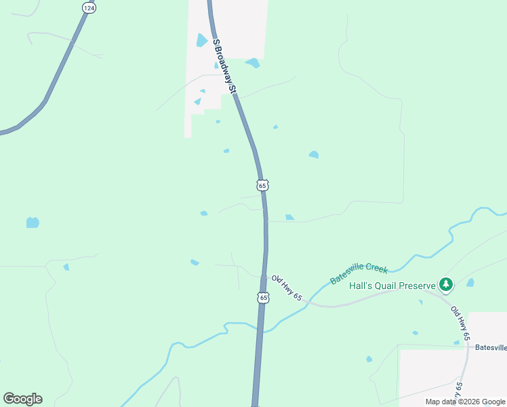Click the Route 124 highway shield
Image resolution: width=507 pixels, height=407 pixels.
(x=88, y=7)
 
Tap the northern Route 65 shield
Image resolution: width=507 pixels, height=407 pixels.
(x=263, y=185)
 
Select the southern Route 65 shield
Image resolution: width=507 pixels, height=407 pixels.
(x=263, y=298)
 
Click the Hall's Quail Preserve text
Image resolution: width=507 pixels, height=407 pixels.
(x=392, y=286)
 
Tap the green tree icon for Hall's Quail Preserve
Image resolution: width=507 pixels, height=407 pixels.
(x=445, y=284)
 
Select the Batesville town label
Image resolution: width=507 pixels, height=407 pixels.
(x=491, y=347)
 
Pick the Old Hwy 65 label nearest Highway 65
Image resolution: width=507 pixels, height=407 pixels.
(x=286, y=288)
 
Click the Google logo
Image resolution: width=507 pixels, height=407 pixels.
(x=22, y=399)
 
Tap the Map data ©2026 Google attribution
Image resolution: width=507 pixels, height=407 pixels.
(x=464, y=402)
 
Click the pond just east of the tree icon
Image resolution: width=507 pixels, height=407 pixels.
(x=470, y=282)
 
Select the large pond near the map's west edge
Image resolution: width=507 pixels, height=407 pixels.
(x=33, y=222)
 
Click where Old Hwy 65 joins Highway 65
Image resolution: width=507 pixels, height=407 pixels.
(x=265, y=276)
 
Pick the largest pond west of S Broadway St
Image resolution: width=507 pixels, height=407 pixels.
(x=201, y=41)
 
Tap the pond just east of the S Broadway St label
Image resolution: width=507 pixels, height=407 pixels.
(x=252, y=63)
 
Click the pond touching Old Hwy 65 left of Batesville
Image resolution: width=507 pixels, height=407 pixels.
(x=457, y=343)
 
